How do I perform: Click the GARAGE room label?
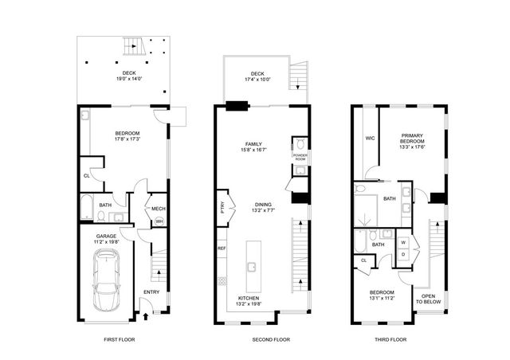tap(107, 236)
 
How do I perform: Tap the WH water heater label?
tap(159, 221)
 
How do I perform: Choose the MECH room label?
tap(159, 209)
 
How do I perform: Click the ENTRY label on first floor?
tap(151, 292)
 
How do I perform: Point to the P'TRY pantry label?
tap(222, 206)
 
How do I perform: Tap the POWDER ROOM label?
tap(300, 157)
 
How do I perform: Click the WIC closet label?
tap(370, 138)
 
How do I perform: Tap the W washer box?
tap(403, 241)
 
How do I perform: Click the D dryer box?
tap(403, 254)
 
